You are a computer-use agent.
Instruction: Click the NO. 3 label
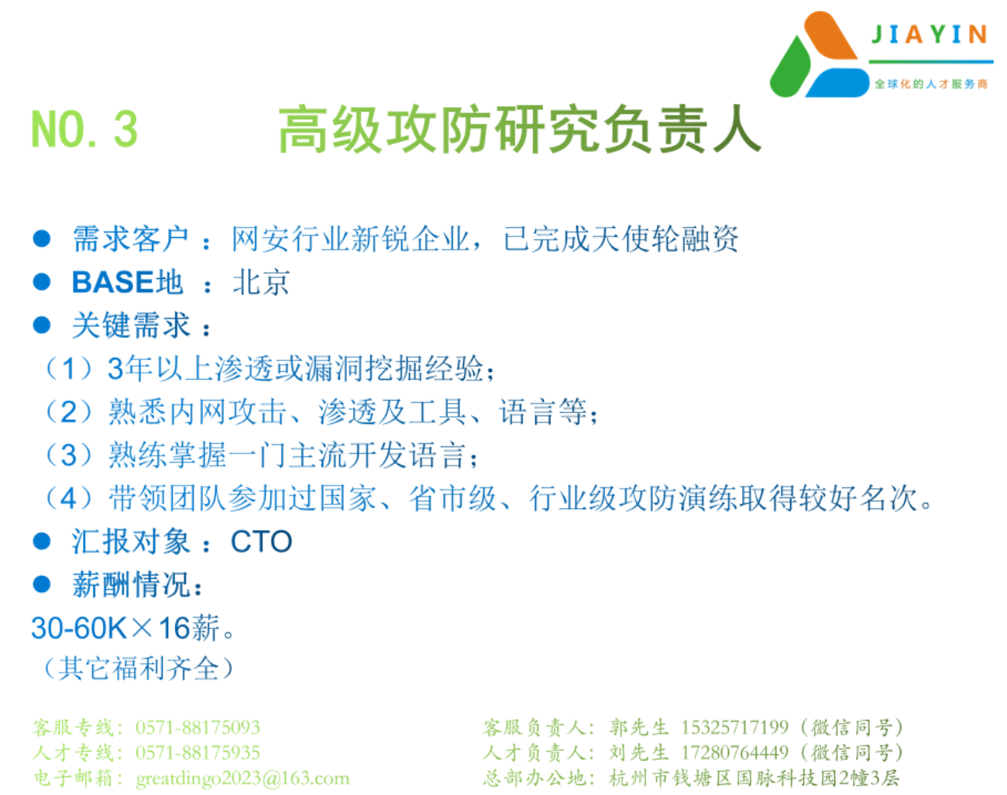tap(84, 129)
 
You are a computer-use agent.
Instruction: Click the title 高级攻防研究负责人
tap(520, 129)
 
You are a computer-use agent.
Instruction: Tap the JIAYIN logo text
tap(930, 34)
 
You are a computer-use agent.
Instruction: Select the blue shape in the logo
tap(837, 83)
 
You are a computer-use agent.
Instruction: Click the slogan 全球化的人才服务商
tap(931, 84)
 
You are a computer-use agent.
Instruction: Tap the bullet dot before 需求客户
tap(42, 239)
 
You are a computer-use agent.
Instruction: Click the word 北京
tap(261, 282)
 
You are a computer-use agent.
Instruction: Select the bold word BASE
tap(113, 282)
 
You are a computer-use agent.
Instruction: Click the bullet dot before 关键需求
tap(42, 325)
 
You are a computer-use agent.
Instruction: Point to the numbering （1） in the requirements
tap(68, 369)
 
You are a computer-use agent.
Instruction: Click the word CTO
tap(261, 542)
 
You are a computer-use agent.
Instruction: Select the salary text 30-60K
tap(78, 628)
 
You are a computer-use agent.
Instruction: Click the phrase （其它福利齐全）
tap(138, 668)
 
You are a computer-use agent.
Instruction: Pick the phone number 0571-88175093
tap(198, 727)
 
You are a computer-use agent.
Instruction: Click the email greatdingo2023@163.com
tap(242, 778)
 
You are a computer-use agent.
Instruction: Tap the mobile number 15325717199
tap(734, 727)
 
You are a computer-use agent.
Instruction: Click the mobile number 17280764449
tap(734, 752)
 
